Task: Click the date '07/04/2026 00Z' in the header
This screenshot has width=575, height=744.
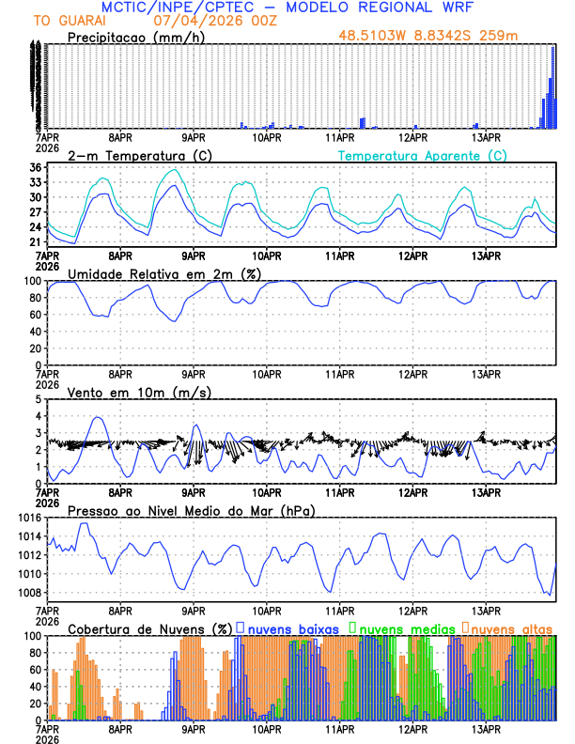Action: [x=197, y=20]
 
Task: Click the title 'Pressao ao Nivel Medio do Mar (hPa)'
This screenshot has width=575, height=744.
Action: [x=191, y=510]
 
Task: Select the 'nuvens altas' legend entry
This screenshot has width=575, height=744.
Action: [x=512, y=628]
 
